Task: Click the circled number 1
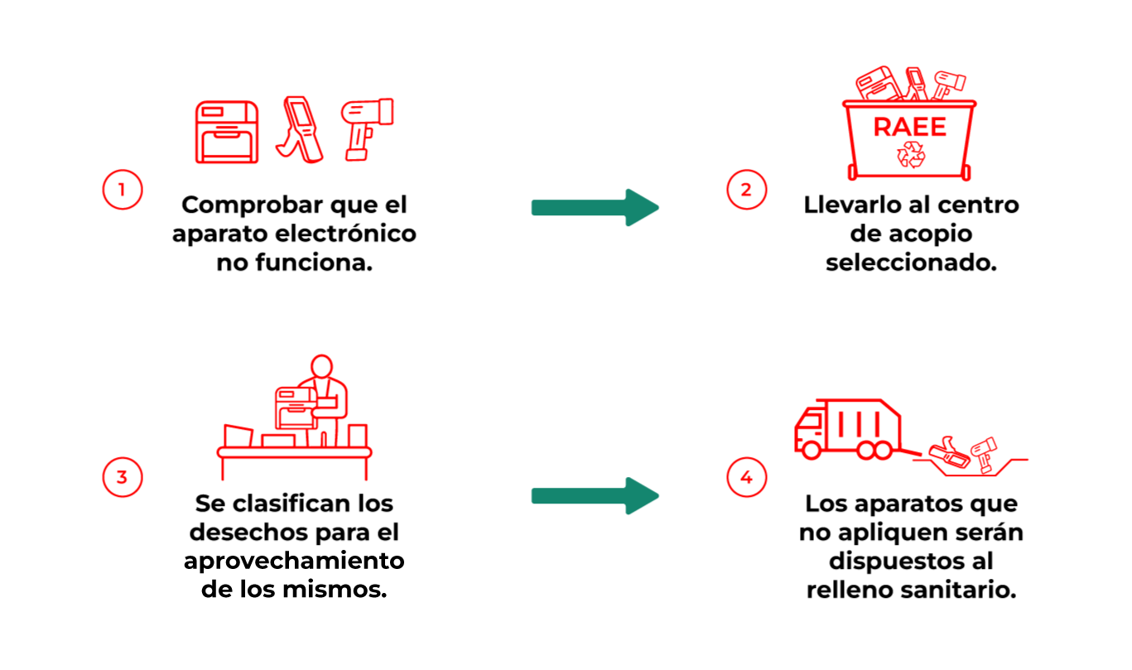pyautogui.click(x=123, y=190)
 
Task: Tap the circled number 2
pyautogui.click(x=746, y=190)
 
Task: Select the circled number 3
pyautogui.click(x=123, y=477)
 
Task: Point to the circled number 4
pyautogui.click(x=746, y=477)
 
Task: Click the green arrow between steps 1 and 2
pyautogui.click(x=595, y=207)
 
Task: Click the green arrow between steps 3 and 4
pyautogui.click(x=595, y=496)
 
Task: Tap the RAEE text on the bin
pyautogui.click(x=909, y=127)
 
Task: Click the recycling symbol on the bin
pyautogui.click(x=911, y=154)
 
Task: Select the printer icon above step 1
pyautogui.click(x=227, y=132)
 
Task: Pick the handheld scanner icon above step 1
pyautogui.click(x=300, y=129)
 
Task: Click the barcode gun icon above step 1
pyautogui.click(x=367, y=129)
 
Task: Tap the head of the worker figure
pyautogui.click(x=321, y=366)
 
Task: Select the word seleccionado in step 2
pyautogui.click(x=911, y=263)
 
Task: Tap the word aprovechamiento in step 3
pyautogui.click(x=294, y=561)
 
